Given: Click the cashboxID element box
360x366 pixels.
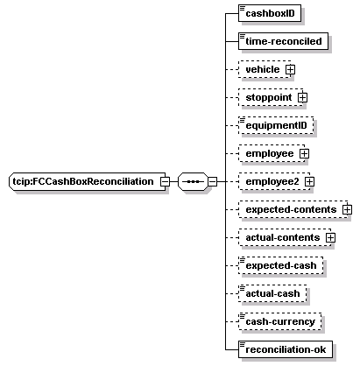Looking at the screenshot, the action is click(270, 13).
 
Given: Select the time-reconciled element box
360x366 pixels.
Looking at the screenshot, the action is click(283, 41).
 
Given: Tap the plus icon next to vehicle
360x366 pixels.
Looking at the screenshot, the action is click(290, 69).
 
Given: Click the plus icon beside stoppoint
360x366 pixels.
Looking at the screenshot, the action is click(302, 97).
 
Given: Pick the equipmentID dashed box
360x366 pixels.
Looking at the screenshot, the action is click(276, 125).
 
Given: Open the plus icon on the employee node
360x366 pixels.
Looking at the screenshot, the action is click(304, 153).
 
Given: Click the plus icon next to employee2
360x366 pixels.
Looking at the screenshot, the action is click(309, 181).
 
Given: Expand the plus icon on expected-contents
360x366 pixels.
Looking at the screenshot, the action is click(348, 209).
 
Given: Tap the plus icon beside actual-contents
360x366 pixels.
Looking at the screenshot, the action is click(330, 237).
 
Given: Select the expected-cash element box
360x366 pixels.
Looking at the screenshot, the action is click(280, 265).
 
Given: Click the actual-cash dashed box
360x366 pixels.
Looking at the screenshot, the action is click(272, 293).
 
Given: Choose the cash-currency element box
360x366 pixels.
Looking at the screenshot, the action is click(279, 321).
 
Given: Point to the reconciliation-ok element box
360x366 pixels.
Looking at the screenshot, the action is click(286, 349).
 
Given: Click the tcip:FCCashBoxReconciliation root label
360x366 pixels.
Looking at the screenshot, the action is click(83, 181).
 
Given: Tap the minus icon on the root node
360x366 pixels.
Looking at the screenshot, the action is click(165, 181).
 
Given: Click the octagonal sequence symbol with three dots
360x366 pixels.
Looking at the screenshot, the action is click(193, 181).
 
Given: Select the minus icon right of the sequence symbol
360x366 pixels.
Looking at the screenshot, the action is click(213, 181).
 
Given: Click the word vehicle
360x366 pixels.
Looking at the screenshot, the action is click(263, 69).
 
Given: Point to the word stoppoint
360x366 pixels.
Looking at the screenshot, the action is click(269, 98).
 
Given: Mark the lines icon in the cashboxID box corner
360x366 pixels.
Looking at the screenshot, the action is click(243, 8).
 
